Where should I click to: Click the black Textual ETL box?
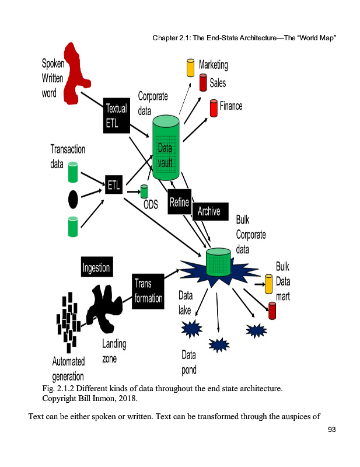(116, 116)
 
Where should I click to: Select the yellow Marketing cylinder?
(190, 68)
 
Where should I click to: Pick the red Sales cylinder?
(203, 82)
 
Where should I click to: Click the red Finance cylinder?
(214, 108)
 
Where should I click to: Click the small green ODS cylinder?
(144, 191)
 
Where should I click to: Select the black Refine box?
(179, 202)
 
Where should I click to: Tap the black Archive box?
(209, 211)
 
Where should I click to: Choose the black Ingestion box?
(96, 267)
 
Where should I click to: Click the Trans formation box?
(148, 291)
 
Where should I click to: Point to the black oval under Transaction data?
(73, 200)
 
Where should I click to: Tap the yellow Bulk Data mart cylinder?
(269, 284)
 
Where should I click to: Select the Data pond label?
(189, 362)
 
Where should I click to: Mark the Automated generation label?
(68, 369)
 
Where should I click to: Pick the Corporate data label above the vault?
(153, 103)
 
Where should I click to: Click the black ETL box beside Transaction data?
(114, 186)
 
